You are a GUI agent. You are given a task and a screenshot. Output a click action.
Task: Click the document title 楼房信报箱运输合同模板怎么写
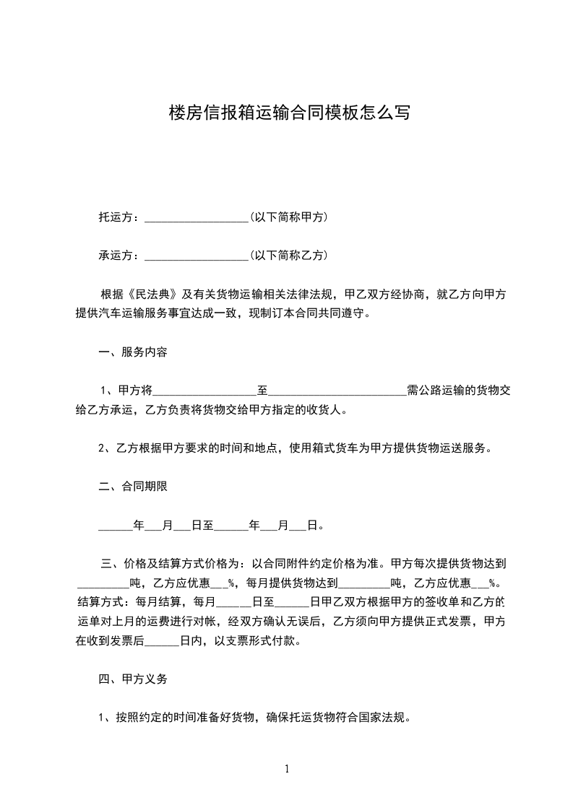288,113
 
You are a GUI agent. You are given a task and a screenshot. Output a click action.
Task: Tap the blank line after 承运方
197,256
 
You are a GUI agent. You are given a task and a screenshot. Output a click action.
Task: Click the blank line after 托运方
197,217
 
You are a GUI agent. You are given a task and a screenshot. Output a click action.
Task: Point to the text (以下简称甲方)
289,217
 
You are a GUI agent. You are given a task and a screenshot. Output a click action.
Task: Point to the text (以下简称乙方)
289,255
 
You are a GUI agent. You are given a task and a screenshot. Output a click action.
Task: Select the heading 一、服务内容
133,352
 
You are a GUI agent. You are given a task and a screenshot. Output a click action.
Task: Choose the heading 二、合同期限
133,487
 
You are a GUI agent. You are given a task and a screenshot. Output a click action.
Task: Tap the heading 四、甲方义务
133,679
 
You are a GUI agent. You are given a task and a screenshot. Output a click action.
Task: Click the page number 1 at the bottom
287,769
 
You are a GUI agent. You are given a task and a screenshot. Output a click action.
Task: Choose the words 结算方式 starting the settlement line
100,601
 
